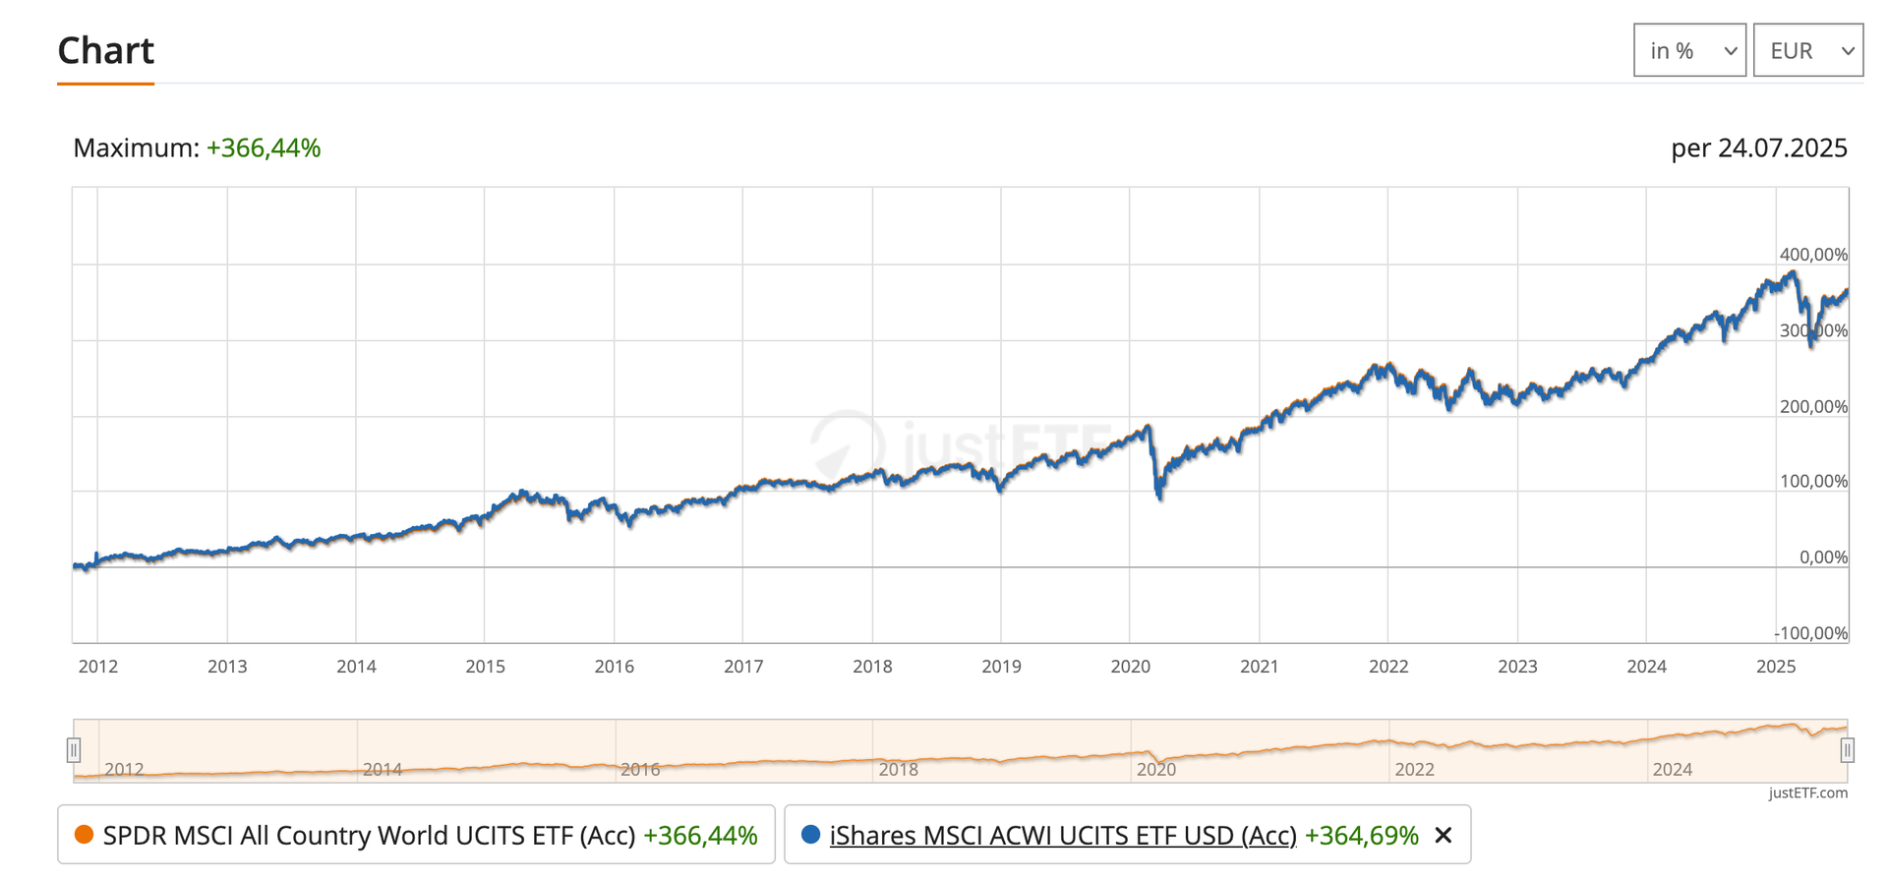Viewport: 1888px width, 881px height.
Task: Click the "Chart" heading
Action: tap(105, 50)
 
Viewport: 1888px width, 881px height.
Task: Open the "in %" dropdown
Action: tap(1688, 50)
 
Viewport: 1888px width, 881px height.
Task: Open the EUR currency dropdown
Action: tap(1807, 50)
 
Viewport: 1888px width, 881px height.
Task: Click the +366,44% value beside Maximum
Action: tap(264, 147)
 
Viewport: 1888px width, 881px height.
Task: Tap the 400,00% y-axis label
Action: tap(1813, 255)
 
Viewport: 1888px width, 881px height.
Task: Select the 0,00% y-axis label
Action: tap(1823, 558)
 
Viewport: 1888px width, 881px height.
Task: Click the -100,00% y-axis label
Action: tap(1811, 633)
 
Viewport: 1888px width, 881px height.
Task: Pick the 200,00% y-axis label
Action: tap(1813, 407)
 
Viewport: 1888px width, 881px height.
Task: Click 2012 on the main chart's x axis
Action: tap(98, 667)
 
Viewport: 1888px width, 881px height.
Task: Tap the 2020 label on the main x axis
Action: tap(1130, 667)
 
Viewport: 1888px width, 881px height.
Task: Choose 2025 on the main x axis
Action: tap(1776, 667)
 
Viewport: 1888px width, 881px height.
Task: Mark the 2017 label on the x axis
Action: tap(743, 667)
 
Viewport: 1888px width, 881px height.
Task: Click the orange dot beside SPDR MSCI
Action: tap(84, 835)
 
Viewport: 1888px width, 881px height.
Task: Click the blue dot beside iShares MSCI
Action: tap(811, 835)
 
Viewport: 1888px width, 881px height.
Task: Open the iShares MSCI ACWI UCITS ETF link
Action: tap(1062, 836)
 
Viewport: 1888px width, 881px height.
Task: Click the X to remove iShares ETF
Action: tap(1444, 836)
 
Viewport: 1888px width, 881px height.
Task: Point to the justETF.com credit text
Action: tap(1807, 793)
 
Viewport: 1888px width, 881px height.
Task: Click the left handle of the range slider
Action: tap(74, 750)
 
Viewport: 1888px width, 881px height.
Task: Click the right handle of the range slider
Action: tap(1847, 750)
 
